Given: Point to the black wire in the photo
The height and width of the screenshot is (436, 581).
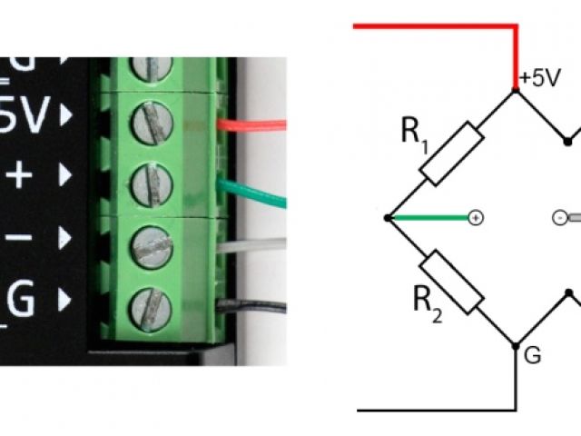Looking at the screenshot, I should coord(259,307).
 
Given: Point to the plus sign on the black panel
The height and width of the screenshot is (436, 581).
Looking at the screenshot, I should coord(22,174).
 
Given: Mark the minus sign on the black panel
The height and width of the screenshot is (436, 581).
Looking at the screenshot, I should coord(22,238).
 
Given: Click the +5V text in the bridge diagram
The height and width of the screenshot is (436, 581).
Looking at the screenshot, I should coord(540,79).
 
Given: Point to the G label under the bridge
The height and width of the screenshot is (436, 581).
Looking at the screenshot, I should coord(534,356).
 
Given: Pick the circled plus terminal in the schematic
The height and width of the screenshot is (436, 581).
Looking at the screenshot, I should coord(475,218).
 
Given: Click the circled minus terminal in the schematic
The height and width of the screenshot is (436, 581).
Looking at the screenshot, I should coord(559,218).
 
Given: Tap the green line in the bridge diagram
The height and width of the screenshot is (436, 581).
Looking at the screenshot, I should coord(427,218).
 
